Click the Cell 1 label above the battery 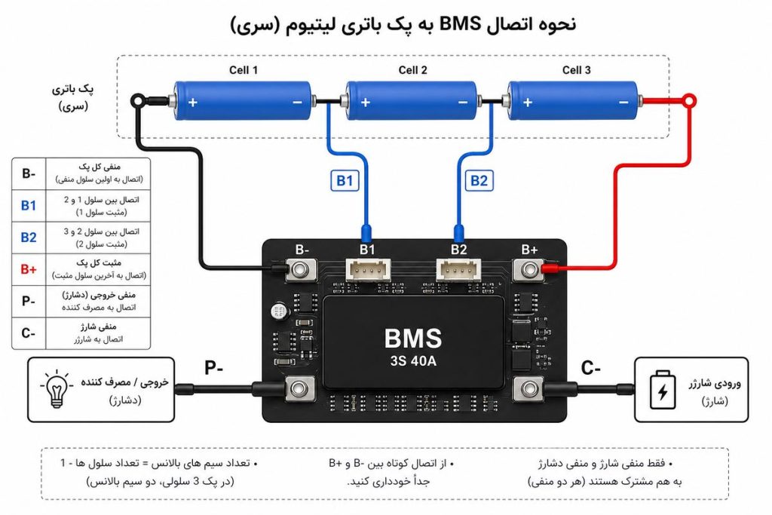tap(244, 70)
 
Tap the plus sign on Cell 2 tap(366, 103)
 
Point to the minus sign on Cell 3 tap(623, 103)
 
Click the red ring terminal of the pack tap(691, 101)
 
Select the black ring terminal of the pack tap(138, 102)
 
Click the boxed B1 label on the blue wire tap(345, 181)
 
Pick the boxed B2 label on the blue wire tap(479, 181)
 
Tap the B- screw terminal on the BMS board tap(300, 270)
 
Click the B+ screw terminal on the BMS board tap(529, 270)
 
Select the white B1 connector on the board tap(368, 270)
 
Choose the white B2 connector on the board tap(458, 270)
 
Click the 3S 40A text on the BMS tap(413, 361)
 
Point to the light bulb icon tap(57, 389)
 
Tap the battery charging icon tap(663, 390)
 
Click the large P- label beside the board tap(213, 368)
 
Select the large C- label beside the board tap(590, 368)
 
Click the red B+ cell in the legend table tap(29, 269)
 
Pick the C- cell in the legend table tap(29, 333)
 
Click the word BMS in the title tap(460, 23)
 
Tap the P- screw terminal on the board tap(300, 389)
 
